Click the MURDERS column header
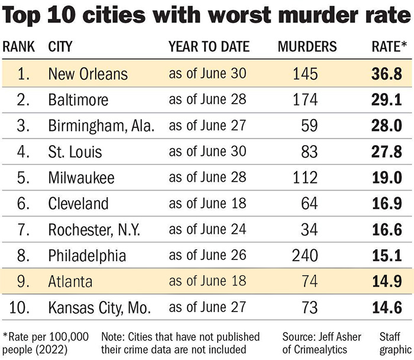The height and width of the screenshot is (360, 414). click(307, 47)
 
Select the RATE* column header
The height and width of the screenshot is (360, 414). click(389, 47)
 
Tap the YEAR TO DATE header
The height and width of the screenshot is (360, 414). click(209, 47)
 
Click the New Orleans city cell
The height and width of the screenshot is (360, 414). click(88, 73)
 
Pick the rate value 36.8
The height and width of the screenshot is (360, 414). click(387, 73)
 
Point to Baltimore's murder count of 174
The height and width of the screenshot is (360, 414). click(305, 99)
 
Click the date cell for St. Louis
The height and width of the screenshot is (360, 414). click(207, 151)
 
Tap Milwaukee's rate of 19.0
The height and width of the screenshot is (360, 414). click(387, 177)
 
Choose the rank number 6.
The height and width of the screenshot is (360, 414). click(22, 204)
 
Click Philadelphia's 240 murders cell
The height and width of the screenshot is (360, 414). click(305, 256)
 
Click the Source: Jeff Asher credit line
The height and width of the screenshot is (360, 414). click(322, 337)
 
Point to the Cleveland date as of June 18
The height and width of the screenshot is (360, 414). click(207, 204)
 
